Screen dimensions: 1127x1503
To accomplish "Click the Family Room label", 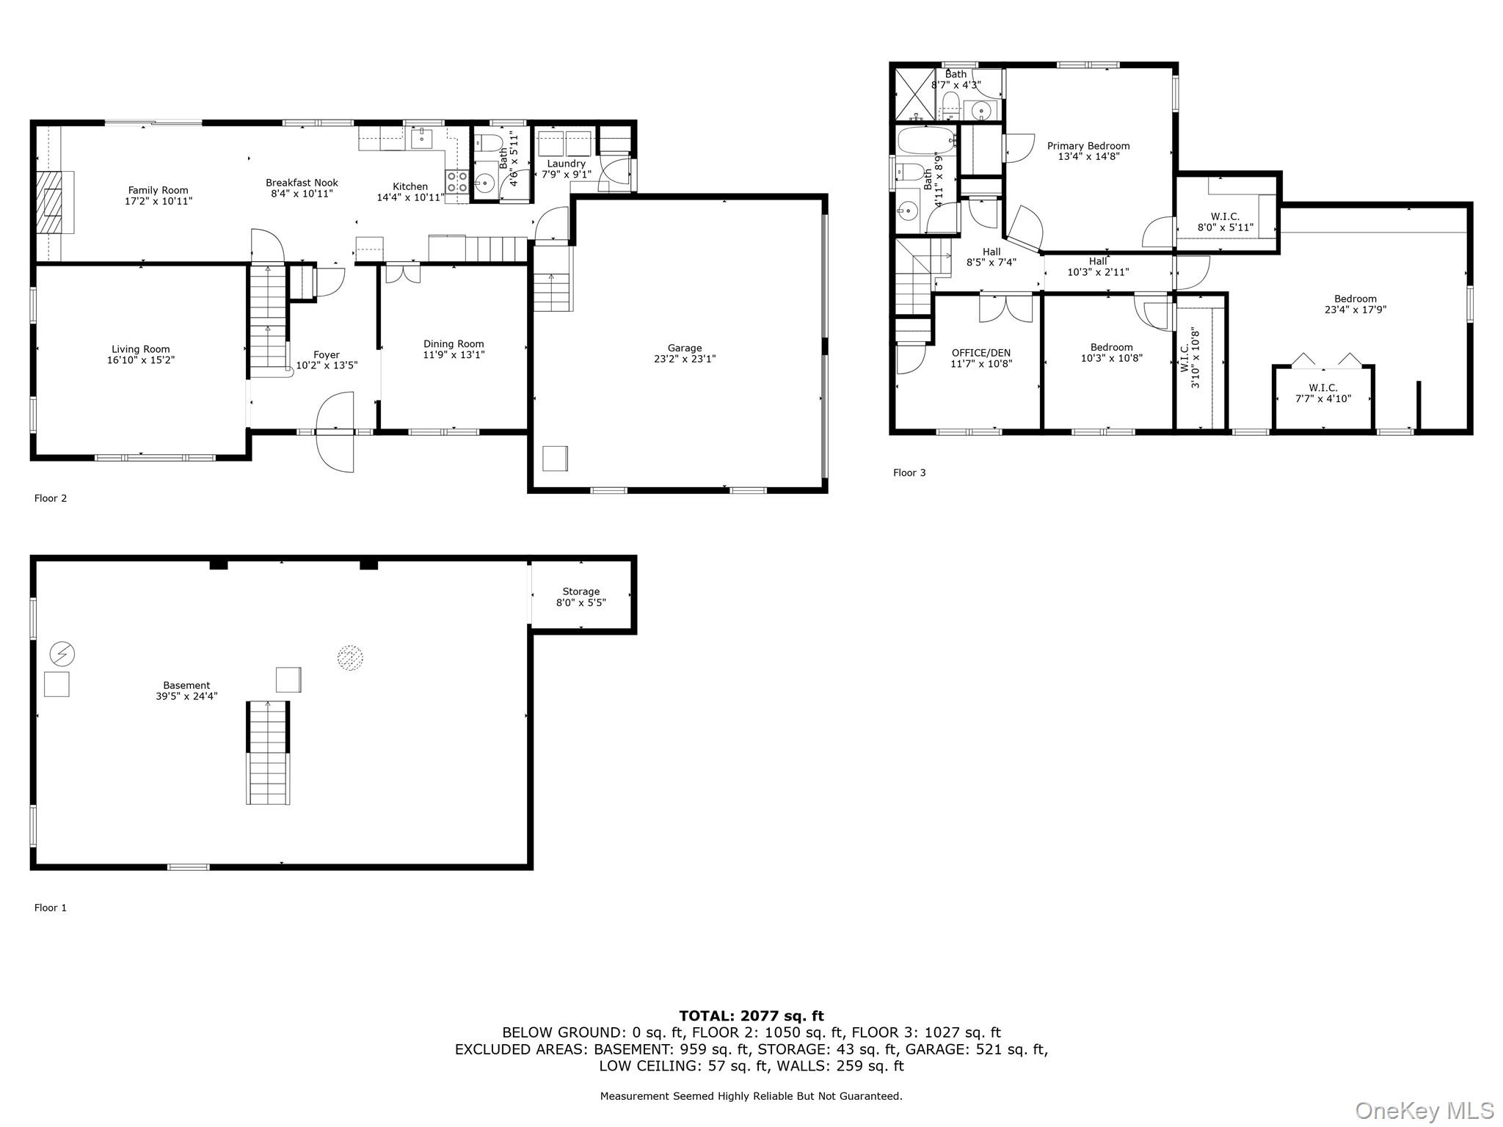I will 158,190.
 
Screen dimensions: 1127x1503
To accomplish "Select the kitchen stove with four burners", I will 456,181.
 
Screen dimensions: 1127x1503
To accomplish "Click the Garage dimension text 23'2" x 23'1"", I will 684,359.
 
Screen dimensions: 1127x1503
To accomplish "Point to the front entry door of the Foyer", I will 335,433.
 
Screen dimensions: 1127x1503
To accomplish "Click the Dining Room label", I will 454,343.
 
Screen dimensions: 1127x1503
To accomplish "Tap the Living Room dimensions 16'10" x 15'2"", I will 140,360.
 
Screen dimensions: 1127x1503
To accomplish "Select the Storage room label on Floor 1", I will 581,591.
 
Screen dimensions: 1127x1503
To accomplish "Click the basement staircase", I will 267,753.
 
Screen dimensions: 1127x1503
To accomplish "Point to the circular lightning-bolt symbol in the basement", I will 62,653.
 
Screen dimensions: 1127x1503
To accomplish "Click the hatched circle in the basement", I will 350,657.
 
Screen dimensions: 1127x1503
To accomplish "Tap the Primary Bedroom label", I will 1088,146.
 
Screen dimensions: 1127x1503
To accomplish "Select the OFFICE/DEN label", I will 980,353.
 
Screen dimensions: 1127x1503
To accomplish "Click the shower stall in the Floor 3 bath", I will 914,94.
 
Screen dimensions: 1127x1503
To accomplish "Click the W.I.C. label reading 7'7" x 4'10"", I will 1322,398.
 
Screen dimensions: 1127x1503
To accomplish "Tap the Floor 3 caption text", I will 909,473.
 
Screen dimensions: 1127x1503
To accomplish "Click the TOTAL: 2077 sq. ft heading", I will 751,1015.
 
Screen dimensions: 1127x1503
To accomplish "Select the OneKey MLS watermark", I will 1424,1111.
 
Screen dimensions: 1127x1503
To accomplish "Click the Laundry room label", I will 566,164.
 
